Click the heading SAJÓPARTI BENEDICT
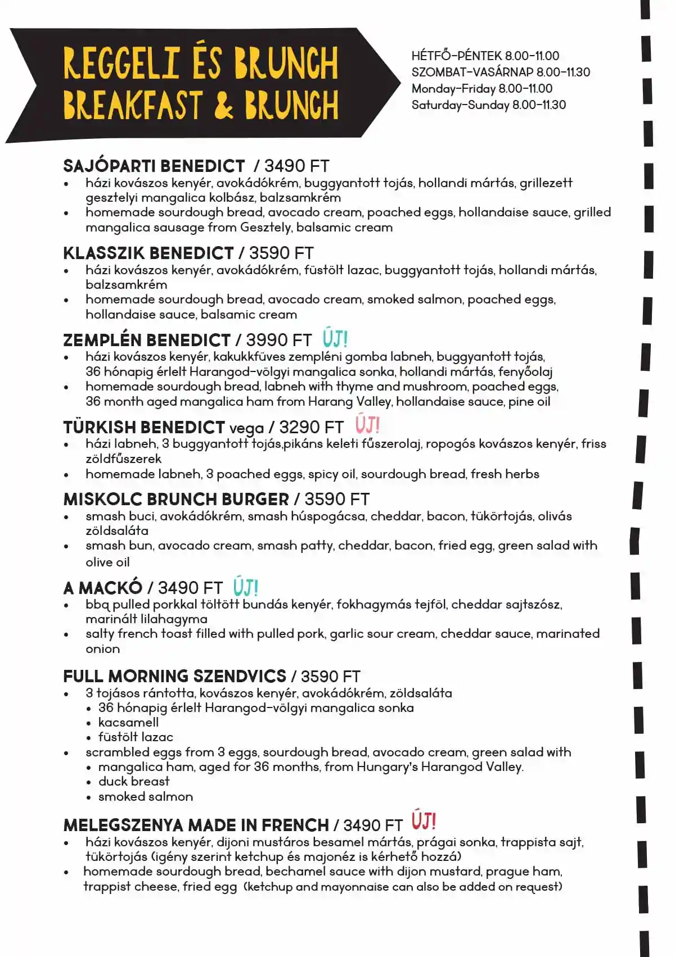click(x=154, y=166)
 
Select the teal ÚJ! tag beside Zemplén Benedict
click(x=335, y=339)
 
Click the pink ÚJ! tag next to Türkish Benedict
click(x=367, y=425)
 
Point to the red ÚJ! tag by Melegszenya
click(x=424, y=822)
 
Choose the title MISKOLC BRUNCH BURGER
click(x=176, y=500)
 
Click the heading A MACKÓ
click(x=102, y=588)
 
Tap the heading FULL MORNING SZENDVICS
click(x=174, y=676)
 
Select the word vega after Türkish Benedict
click(x=246, y=428)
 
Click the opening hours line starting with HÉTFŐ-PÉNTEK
click(x=485, y=56)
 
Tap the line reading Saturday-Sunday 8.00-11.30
click(x=488, y=105)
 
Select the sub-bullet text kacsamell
click(x=128, y=723)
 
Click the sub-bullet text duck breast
click(x=134, y=782)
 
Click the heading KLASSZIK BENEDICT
click(x=148, y=253)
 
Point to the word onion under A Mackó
click(x=102, y=649)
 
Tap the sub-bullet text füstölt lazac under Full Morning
click(x=136, y=737)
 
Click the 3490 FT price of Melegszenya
click(x=373, y=826)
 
